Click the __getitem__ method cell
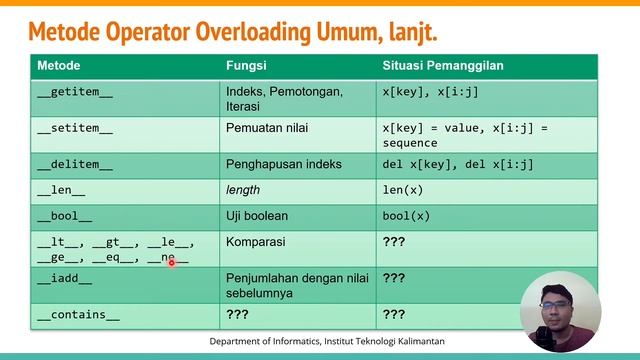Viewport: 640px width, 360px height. [75, 91]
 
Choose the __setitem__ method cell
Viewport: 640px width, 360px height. [75, 129]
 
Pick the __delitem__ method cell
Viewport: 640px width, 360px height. [75, 165]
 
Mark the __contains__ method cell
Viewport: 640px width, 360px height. [78, 315]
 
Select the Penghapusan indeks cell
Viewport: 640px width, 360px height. [284, 165]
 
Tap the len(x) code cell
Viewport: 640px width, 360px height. [403, 190]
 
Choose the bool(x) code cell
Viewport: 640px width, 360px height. [405, 215]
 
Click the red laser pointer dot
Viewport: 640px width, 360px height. [172, 261]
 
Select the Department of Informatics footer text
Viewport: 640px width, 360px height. [327, 342]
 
